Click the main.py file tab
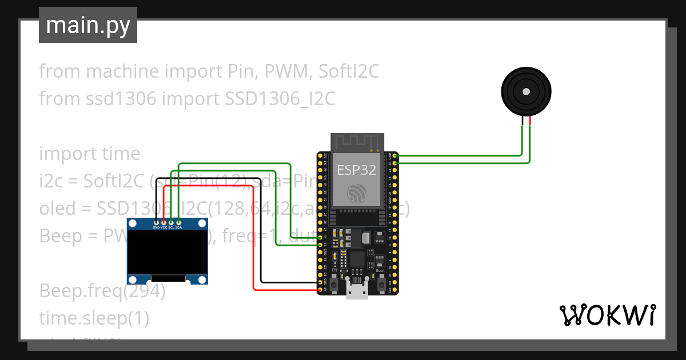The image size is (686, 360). pyautogui.click(x=87, y=25)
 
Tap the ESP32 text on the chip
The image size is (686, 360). pyautogui.click(x=357, y=170)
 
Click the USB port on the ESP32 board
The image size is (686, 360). pyautogui.click(x=357, y=292)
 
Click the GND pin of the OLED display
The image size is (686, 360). pyautogui.click(x=156, y=222)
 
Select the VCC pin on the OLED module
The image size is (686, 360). pyautogui.click(x=163, y=222)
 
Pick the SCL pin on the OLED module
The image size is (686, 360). pyautogui.click(x=171, y=222)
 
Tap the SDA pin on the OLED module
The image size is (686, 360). pyautogui.click(x=178, y=222)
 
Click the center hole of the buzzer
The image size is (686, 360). pyautogui.click(x=526, y=91)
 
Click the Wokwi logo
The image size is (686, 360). pyautogui.click(x=607, y=315)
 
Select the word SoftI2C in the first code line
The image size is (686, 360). pyautogui.click(x=349, y=71)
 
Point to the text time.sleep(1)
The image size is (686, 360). pyautogui.click(x=94, y=318)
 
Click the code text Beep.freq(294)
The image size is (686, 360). pyautogui.click(x=102, y=291)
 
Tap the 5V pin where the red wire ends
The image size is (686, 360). pyautogui.click(x=320, y=290)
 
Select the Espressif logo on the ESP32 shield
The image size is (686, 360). pyautogui.click(x=357, y=193)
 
